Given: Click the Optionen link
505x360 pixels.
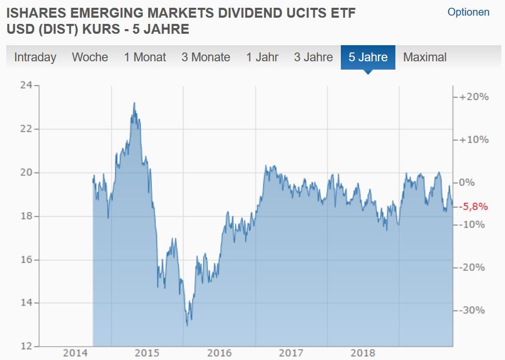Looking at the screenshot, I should tap(468, 12).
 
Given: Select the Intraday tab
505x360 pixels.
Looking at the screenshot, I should tap(35, 57).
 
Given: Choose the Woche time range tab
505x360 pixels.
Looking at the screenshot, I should tap(90, 57).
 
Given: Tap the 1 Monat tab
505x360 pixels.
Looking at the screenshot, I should tap(144, 57).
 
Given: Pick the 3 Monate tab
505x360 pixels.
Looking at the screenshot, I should tap(206, 57).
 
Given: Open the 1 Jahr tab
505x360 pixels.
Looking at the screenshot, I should tap(262, 57).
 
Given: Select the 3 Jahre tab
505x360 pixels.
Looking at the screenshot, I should tap(313, 57).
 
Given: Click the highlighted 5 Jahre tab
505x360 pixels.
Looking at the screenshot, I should tap(368, 57).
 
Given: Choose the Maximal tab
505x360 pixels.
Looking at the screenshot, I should tap(424, 57).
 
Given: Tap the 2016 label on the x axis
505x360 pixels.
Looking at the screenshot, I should tap(219, 354).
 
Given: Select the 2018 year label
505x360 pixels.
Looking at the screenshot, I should tap(363, 354).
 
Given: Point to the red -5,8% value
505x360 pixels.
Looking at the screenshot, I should tap(473, 207).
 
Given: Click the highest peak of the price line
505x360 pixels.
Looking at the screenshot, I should tap(134, 103).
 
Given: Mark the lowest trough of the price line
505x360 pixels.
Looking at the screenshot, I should tap(187, 326).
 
